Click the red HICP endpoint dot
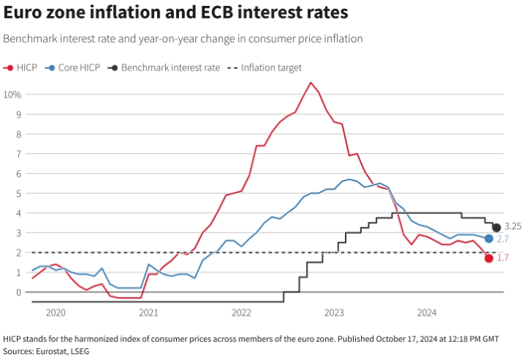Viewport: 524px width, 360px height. point(489,258)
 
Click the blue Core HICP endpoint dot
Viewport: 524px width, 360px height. point(489,238)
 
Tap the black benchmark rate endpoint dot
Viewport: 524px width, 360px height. point(496,227)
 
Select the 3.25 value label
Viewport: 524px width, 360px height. point(513,227)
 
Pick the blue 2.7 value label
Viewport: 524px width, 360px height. point(503,239)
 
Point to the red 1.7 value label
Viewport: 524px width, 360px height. point(503,258)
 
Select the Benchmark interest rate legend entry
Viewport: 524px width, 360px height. point(164,67)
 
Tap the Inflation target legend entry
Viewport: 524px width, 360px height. point(265,67)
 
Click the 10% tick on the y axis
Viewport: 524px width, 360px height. point(12,95)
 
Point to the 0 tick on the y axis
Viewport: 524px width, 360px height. point(18,292)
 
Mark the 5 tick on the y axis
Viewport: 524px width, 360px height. point(18,194)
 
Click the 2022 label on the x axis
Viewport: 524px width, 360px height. point(241,312)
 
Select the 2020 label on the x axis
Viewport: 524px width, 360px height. point(56,312)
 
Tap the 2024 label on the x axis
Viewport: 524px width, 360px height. point(427,312)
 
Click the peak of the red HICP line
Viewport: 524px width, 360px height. point(310,82)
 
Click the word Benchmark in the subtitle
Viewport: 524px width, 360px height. point(29,38)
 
